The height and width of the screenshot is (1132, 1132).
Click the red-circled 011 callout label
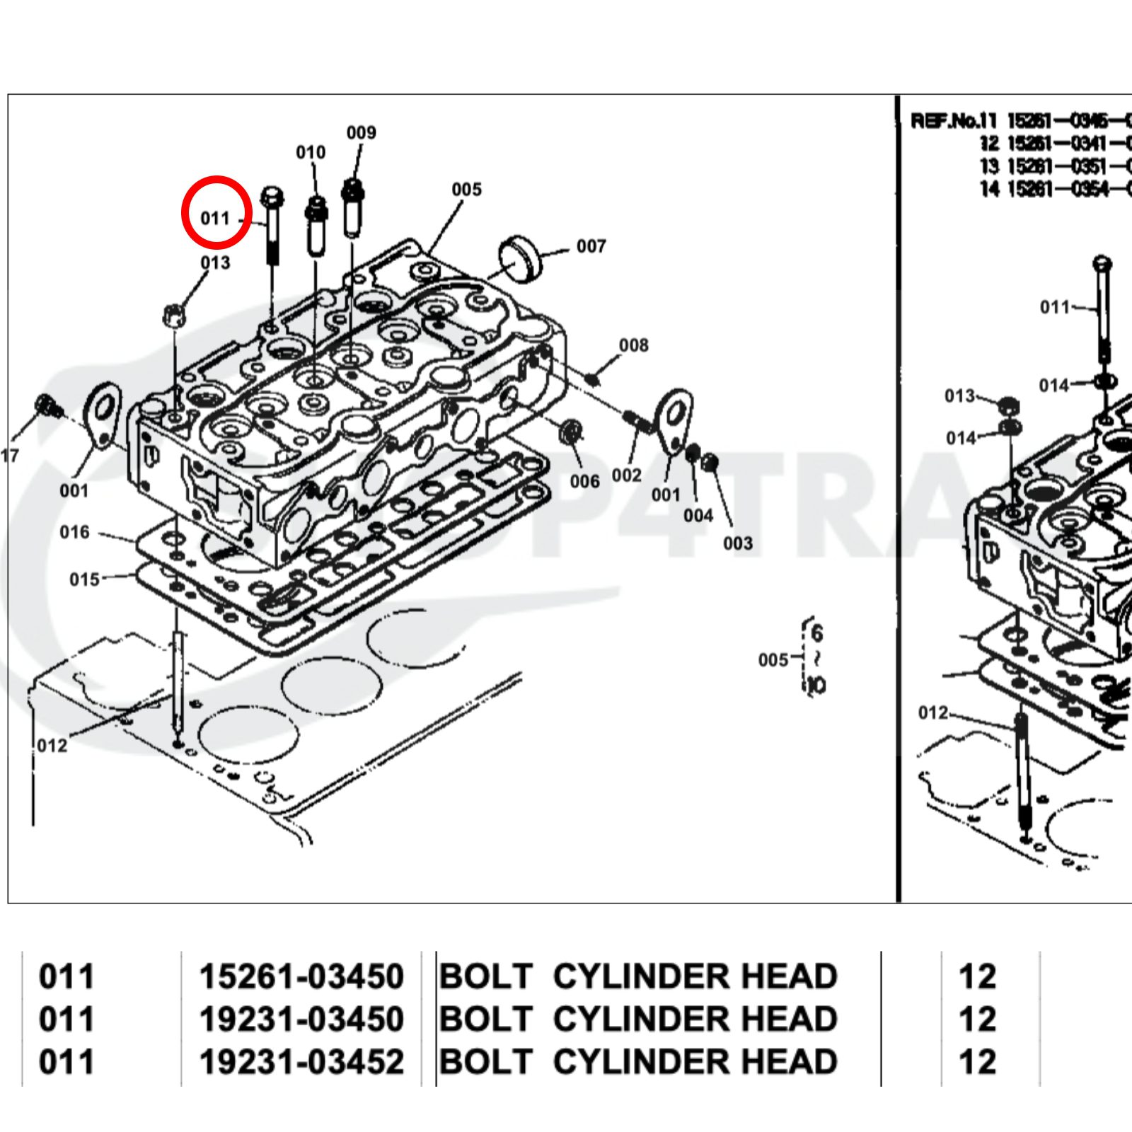[216, 218]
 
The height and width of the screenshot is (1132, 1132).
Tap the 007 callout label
[591, 246]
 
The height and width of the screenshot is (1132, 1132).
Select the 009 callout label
[361, 132]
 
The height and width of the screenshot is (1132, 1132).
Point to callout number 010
[311, 152]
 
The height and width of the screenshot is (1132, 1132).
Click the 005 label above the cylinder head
[466, 189]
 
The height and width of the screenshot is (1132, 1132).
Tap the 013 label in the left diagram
[215, 262]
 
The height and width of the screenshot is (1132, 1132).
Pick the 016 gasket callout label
[74, 531]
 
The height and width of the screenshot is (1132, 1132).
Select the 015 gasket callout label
[84, 579]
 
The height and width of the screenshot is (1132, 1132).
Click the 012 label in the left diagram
[52, 745]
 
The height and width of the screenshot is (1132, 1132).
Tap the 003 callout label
[737, 543]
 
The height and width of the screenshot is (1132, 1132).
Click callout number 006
[584, 481]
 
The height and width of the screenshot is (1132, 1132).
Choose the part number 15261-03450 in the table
[301, 976]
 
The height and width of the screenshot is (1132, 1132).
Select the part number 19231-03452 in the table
[301, 1061]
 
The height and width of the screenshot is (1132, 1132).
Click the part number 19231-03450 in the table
[301, 1019]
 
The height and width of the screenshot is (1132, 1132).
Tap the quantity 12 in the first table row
[977, 976]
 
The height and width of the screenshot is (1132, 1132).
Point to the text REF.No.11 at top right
[953, 120]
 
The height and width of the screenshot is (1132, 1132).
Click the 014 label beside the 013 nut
[961, 438]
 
